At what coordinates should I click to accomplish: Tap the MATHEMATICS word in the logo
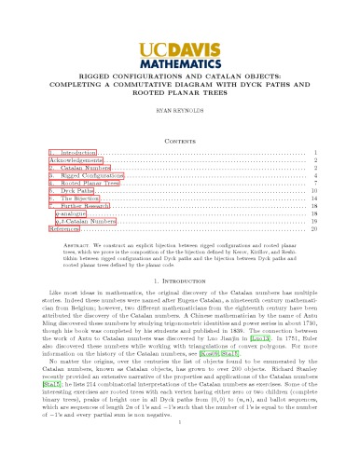tap(180, 65)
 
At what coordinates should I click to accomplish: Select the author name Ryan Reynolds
tap(179, 110)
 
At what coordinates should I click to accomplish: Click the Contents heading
tap(179, 135)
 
